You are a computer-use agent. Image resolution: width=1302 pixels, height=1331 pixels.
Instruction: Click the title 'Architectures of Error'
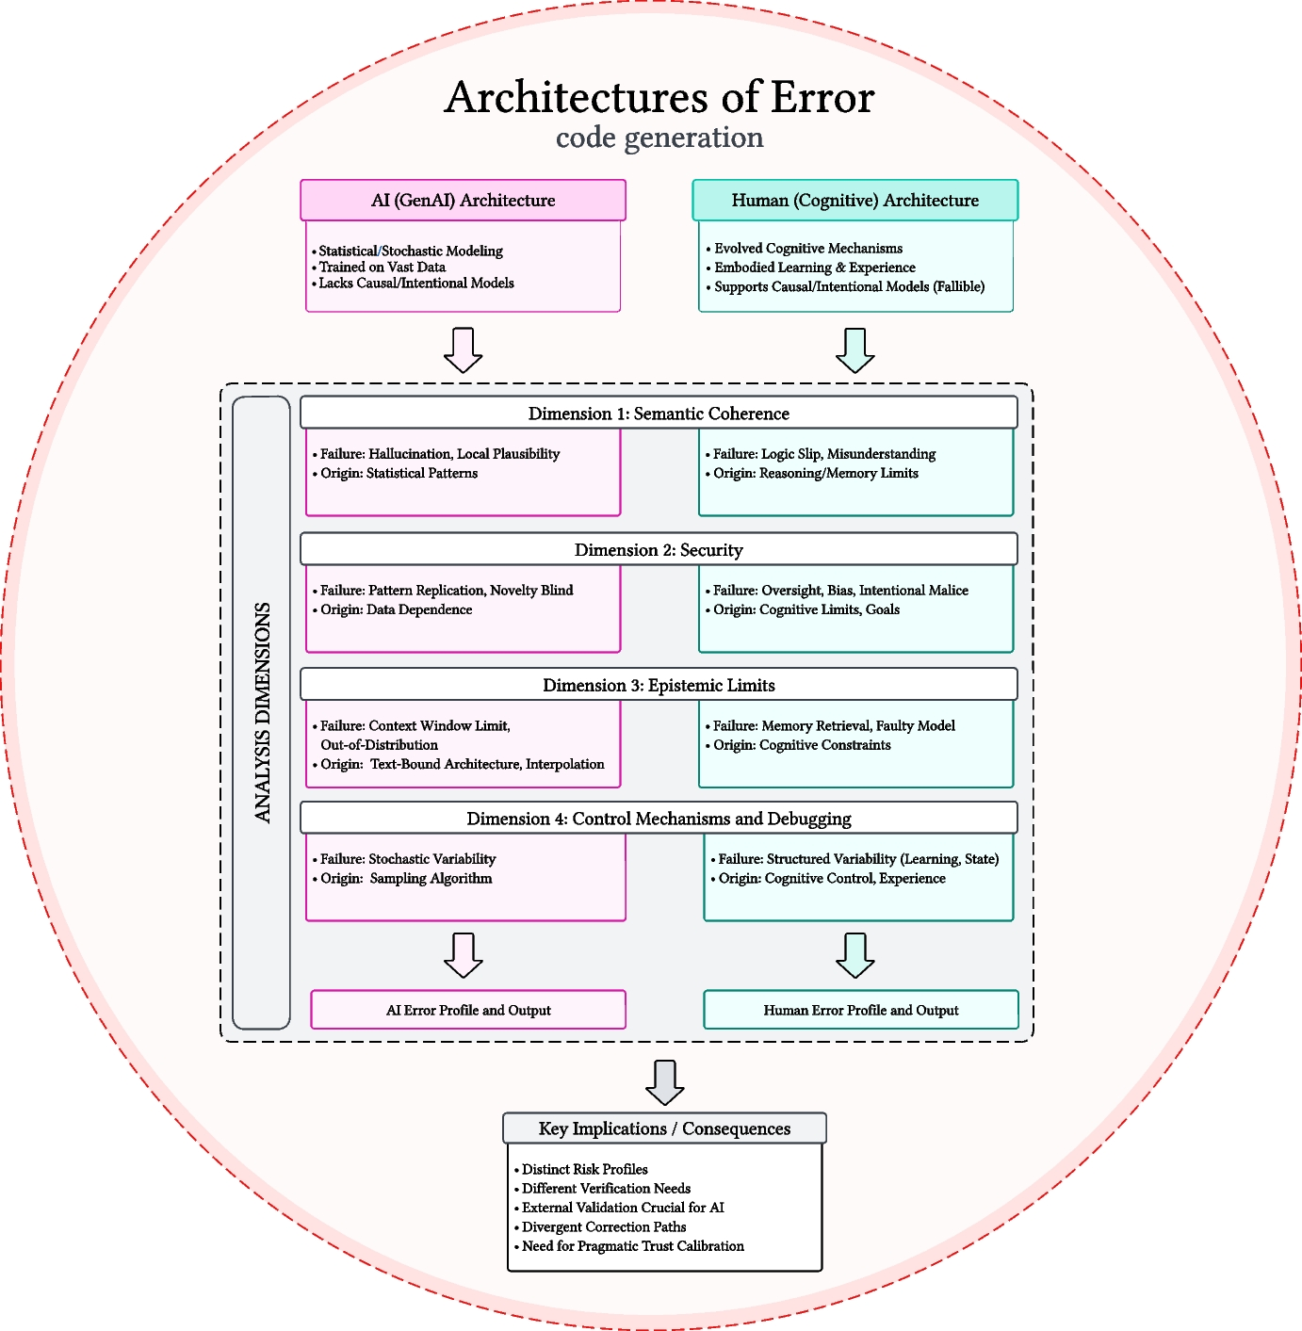point(659,98)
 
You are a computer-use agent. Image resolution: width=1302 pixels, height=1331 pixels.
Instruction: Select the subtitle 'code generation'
point(659,138)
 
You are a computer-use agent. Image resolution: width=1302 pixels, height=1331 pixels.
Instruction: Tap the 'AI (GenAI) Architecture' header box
point(463,201)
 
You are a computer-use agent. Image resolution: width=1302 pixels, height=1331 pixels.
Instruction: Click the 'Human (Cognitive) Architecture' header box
point(854,201)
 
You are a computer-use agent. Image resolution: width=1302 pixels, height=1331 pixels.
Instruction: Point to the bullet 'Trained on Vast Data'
point(382,268)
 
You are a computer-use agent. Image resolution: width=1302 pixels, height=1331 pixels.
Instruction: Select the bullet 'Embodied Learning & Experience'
point(814,268)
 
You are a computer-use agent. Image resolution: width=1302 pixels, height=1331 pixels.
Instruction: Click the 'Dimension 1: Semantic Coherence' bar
point(659,414)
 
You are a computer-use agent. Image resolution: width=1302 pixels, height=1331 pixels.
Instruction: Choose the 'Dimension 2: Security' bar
point(659,550)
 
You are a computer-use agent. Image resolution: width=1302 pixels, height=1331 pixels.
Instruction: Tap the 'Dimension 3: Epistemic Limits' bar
point(659,685)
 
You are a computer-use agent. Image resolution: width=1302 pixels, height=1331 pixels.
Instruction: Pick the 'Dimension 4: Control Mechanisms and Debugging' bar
point(659,819)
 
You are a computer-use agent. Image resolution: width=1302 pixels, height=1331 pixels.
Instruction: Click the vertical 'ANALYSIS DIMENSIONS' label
point(262,713)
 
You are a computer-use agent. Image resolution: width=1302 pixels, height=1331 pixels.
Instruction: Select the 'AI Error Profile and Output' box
point(468,1010)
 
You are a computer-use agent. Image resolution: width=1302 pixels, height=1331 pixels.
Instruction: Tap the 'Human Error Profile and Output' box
point(860,1010)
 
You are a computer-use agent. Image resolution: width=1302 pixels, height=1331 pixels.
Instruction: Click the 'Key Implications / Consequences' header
point(664,1128)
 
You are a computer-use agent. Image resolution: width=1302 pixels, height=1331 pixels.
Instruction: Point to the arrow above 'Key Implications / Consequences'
point(664,1082)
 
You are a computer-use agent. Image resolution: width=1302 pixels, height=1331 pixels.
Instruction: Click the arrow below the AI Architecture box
point(463,349)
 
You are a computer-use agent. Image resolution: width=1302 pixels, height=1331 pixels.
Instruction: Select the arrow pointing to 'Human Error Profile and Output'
point(854,955)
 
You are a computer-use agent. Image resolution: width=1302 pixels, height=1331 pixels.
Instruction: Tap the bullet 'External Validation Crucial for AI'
point(623,1208)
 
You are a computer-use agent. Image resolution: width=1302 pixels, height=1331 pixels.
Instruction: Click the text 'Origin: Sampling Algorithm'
point(406,879)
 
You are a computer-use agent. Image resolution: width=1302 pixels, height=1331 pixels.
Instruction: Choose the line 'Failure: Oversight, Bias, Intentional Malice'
point(840,591)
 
